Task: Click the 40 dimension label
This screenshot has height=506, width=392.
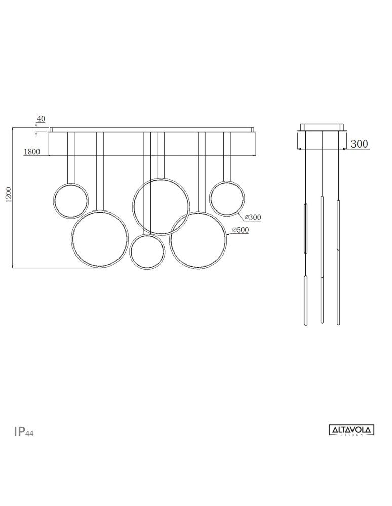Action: click(41, 119)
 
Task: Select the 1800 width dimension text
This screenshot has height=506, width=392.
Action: click(32, 152)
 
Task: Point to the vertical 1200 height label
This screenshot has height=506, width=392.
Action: click(9, 195)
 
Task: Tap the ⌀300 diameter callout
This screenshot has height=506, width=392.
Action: click(253, 218)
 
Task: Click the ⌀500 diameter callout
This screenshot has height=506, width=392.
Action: click(241, 230)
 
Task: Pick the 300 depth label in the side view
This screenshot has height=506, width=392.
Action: click(360, 144)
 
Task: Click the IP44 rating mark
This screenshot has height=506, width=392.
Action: click(24, 432)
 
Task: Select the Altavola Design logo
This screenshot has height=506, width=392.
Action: click(351, 430)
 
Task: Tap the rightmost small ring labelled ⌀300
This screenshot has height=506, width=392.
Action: click(210, 198)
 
